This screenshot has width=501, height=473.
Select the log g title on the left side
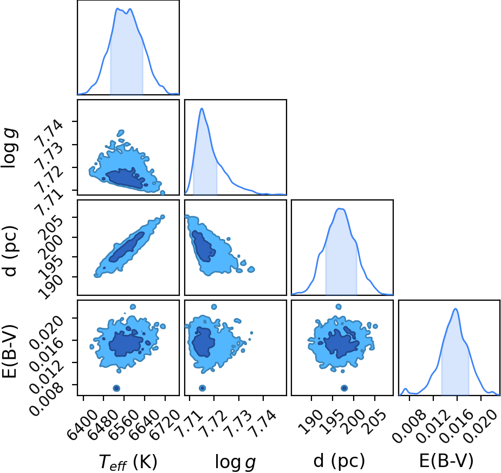[10, 148]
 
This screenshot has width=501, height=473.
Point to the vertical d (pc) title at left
[10, 250]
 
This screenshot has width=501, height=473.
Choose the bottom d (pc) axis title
[339, 462]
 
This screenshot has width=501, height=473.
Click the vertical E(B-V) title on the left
[9, 351]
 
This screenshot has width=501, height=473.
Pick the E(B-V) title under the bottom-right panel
[446, 461]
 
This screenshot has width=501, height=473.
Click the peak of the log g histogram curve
[201, 109]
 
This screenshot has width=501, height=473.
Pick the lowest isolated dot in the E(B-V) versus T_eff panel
[116, 388]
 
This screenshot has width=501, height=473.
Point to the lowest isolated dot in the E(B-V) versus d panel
[344, 388]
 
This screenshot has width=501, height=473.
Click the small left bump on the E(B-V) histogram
[405, 389]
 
